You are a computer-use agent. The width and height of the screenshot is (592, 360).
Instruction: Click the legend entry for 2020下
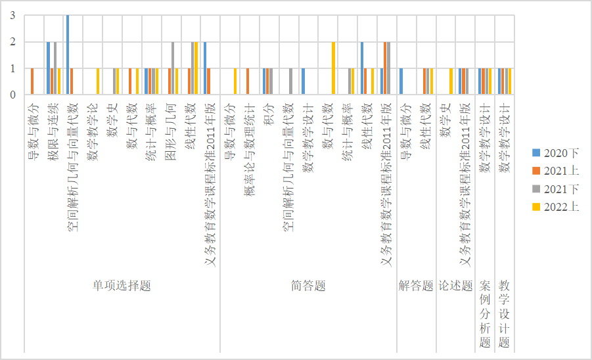[555, 152]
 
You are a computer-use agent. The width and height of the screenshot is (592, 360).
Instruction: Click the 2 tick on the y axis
[12, 42]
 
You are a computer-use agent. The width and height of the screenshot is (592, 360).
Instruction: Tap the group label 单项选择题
[122, 286]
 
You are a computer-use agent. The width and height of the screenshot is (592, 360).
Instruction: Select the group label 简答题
[308, 286]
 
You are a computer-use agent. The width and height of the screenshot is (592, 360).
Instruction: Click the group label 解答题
[416, 286]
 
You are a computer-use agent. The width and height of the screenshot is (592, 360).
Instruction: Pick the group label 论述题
[455, 286]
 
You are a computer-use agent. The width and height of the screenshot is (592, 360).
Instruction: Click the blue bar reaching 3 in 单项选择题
[68, 55]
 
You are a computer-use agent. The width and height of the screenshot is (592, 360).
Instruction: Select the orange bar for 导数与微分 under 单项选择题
[32, 81]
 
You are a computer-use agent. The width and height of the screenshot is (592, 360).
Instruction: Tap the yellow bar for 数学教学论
[98, 81]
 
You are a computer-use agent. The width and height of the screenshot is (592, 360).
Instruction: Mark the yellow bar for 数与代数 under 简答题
[334, 68]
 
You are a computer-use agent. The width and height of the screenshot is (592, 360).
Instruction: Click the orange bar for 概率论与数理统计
[248, 81]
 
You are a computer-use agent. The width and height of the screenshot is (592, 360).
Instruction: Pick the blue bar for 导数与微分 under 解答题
[401, 81]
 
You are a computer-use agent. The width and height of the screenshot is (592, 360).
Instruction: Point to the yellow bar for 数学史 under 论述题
[451, 81]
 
